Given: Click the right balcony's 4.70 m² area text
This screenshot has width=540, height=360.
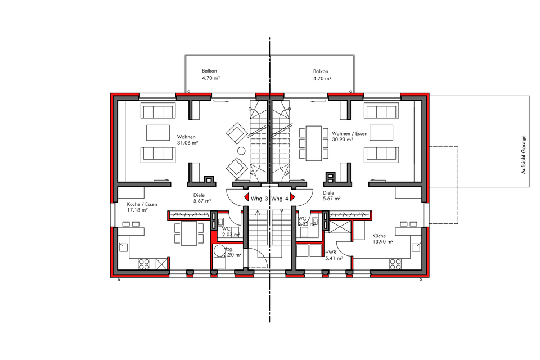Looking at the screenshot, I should point(321,79).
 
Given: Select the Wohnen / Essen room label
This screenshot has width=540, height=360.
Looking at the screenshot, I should point(349,133).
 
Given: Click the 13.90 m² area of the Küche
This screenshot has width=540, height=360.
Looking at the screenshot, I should point(382,241).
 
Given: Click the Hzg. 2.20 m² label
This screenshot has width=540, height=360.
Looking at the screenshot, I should point(232,251).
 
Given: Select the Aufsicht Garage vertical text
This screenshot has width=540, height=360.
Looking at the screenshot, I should point(524,154).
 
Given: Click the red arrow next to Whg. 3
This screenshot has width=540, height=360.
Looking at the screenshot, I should point(247,198).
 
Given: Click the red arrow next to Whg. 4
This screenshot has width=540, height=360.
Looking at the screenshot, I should point(292,198).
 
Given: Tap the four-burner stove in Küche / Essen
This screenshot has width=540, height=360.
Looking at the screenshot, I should point(144,263).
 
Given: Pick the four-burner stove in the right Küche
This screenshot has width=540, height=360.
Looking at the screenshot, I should point(395,263).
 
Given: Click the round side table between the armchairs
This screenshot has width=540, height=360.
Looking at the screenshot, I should point(241,151).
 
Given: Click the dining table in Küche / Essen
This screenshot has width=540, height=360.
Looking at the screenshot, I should point(189,232).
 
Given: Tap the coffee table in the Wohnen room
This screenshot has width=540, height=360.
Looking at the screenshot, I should point(158,132).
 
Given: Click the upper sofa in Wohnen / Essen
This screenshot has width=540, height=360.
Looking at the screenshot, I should point(379,111).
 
